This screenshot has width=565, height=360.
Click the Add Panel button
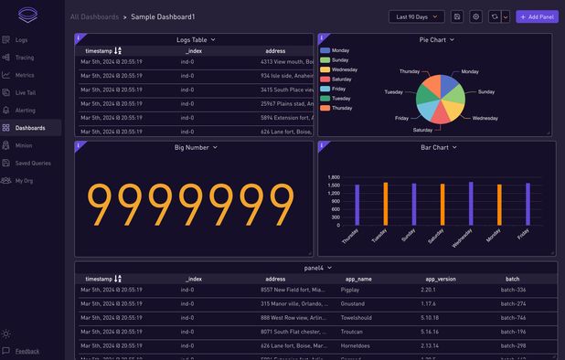pos(537,16)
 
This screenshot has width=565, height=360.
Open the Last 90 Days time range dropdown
pos(417,16)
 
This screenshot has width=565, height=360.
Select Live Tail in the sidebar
pos(26,92)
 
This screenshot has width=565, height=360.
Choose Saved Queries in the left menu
pos(32,163)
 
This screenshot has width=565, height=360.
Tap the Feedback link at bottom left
pos(27,351)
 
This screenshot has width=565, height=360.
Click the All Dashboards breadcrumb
pos(94,17)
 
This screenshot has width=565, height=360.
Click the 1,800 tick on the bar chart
pos(334,178)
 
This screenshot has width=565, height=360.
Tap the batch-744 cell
pos(513,317)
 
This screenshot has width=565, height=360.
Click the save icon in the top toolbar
pos(457,16)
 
